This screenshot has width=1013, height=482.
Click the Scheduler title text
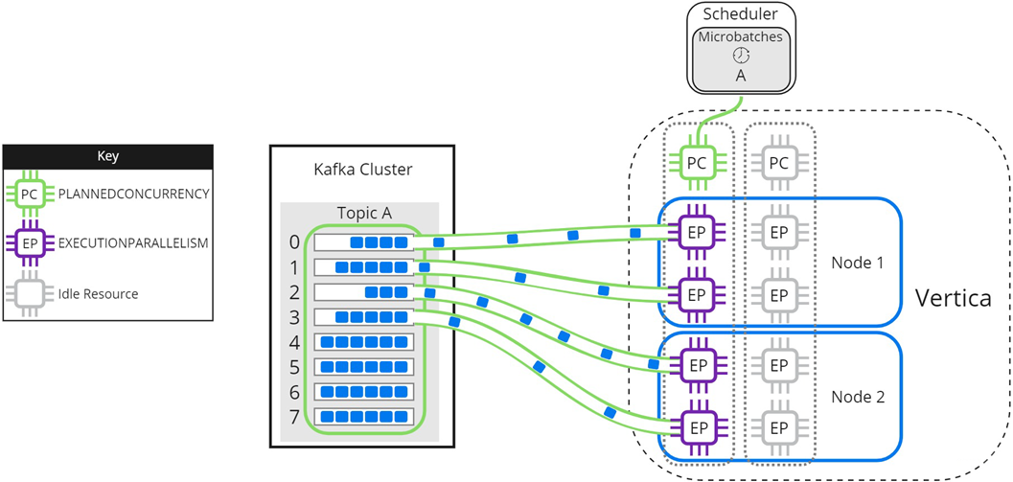pyautogui.click(x=741, y=14)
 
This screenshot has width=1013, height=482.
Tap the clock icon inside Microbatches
pyautogui.click(x=741, y=56)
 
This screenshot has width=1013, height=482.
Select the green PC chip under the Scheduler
pyautogui.click(x=697, y=163)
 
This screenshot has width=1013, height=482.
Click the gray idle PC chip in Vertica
pyautogui.click(x=779, y=163)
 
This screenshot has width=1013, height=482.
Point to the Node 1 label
pyautogui.click(x=859, y=262)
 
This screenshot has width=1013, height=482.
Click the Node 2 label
pyautogui.click(x=859, y=395)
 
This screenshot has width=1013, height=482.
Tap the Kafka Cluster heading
pyautogui.click(x=362, y=170)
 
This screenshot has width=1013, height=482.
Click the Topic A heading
pyautogui.click(x=363, y=213)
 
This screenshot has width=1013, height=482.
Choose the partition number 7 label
pyautogui.click(x=294, y=417)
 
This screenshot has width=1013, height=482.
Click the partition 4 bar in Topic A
pyautogui.click(x=364, y=342)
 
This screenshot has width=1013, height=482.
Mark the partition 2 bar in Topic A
pyautogui.click(x=364, y=292)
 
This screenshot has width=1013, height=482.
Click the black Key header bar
pyautogui.click(x=108, y=156)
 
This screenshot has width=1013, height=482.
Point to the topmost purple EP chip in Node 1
pyautogui.click(x=697, y=231)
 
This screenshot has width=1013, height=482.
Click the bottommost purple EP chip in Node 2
pyautogui.click(x=697, y=426)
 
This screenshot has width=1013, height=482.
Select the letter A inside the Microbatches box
pyautogui.click(x=741, y=75)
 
